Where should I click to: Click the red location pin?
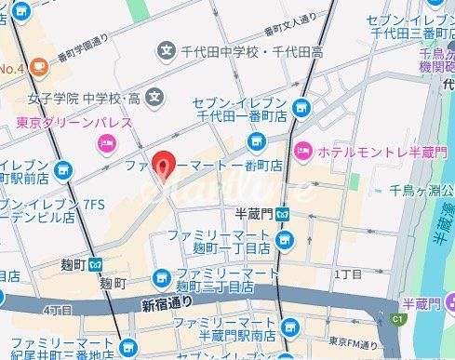point(164,165)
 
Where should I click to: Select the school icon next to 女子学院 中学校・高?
point(154,95)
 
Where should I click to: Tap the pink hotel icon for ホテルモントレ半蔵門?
point(303,150)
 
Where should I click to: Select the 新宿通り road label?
point(167,303)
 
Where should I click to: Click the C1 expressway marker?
point(399,319)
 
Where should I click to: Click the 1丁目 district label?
point(348,274)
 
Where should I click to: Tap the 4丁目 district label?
point(57,308)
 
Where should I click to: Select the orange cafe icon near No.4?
point(38,67)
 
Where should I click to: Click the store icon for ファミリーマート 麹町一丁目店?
point(286,243)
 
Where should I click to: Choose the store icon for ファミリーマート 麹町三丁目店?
point(162,278)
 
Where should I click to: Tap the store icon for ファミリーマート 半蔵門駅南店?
point(290,327)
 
